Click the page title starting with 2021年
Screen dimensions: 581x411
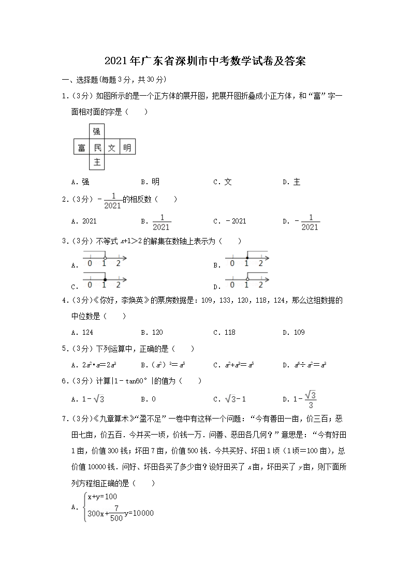click(x=205, y=61)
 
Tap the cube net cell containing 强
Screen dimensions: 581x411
click(x=97, y=132)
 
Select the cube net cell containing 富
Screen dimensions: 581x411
click(x=81, y=147)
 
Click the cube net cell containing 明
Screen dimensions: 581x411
click(x=127, y=147)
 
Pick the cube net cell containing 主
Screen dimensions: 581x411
click(x=97, y=162)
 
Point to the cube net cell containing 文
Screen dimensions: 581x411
click(x=112, y=147)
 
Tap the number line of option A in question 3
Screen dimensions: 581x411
click(x=104, y=261)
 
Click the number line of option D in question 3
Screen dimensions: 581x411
click(x=247, y=282)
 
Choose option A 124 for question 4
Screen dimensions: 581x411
click(x=83, y=332)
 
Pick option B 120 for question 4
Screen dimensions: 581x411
click(x=152, y=332)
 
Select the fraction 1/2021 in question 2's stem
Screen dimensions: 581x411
click(x=112, y=201)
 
